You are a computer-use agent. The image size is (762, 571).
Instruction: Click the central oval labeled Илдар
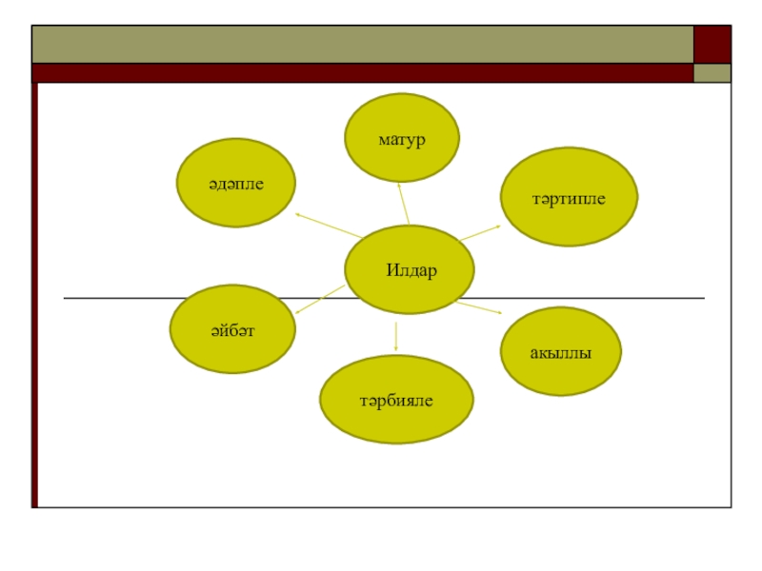pyautogui.click(x=410, y=269)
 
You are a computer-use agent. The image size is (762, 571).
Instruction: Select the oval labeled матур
pyautogui.click(x=401, y=138)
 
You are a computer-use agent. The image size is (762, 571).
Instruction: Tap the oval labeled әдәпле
pyautogui.click(x=235, y=183)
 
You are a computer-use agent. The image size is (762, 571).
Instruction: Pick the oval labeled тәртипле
pyautogui.click(x=569, y=196)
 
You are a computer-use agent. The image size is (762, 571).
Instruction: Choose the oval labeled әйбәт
pyautogui.click(x=232, y=328)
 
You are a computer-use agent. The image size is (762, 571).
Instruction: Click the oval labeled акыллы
pyautogui.click(x=561, y=351)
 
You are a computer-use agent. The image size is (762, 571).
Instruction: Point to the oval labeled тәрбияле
pyautogui.click(x=395, y=400)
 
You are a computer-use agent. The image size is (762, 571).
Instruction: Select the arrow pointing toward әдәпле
pyautogui.click(x=328, y=226)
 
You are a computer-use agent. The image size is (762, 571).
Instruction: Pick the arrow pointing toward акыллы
pyautogui.click(x=481, y=307)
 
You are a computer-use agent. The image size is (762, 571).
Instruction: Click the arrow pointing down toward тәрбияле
pyautogui.click(x=395, y=333)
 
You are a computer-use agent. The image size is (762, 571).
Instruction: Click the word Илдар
pyautogui.click(x=411, y=270)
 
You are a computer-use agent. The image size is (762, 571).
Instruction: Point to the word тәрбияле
pyautogui.click(x=395, y=401)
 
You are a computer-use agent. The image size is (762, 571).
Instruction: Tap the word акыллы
pyautogui.click(x=561, y=352)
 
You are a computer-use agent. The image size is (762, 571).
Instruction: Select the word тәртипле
pyautogui.click(x=569, y=197)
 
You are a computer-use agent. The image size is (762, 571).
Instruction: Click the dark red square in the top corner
pyautogui.click(x=712, y=44)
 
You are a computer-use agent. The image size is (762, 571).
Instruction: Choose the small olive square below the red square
pyautogui.click(x=712, y=73)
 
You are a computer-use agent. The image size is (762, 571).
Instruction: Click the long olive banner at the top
pyautogui.click(x=362, y=44)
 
